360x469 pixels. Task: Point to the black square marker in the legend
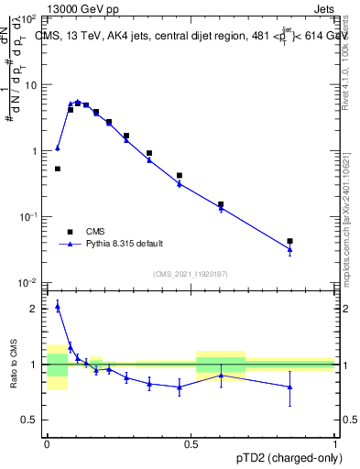(70, 232)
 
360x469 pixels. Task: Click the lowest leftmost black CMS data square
(58, 169)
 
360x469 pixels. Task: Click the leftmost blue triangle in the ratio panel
(58, 306)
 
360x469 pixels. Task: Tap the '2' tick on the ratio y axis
(37, 309)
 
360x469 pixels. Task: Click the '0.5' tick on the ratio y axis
(32, 420)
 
